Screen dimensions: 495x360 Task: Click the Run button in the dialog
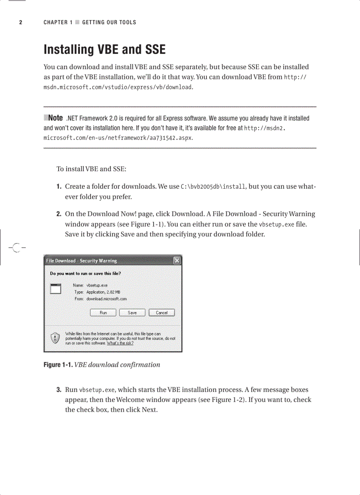pyautogui.click(x=103, y=313)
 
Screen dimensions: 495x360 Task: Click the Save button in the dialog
pyautogui.click(x=132, y=313)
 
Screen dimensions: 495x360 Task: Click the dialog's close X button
pyautogui.click(x=176, y=261)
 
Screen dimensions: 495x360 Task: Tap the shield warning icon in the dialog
pyautogui.click(x=55, y=338)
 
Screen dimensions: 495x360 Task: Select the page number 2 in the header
pyautogui.click(x=20, y=22)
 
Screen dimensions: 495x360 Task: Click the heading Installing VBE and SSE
pyautogui.click(x=105, y=50)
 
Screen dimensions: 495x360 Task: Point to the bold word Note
pyautogui.click(x=55, y=118)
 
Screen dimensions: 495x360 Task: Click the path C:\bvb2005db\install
pyautogui.click(x=213, y=187)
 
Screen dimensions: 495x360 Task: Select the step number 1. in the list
pyautogui.click(x=58, y=187)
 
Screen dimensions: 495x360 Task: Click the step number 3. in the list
pyautogui.click(x=58, y=390)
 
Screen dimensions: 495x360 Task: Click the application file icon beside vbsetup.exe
pyautogui.click(x=55, y=289)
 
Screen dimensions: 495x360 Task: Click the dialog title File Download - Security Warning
pyautogui.click(x=82, y=261)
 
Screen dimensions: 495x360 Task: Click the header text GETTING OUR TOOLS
pyautogui.click(x=109, y=22)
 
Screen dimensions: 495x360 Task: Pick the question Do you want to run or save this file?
pyautogui.click(x=85, y=273)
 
